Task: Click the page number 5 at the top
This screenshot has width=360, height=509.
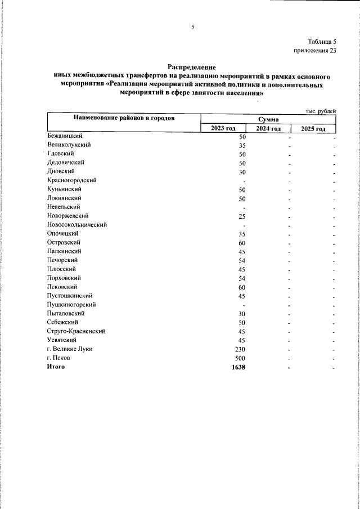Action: point(192,26)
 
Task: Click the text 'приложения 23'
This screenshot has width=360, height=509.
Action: point(315,51)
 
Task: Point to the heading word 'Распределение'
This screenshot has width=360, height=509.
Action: point(191,67)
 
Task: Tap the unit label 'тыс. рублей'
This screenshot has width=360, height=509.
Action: point(321,111)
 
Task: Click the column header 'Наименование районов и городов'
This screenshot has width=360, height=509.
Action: point(123,118)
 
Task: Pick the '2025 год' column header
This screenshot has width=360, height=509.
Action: point(313,129)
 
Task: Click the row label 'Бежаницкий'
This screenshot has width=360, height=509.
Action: point(66,137)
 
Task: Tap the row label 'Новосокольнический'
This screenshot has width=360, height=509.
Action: point(78,224)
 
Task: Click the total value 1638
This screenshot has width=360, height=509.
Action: point(240,367)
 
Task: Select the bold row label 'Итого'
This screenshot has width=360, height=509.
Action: point(57,367)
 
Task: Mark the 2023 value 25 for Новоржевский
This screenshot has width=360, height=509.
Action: point(242,216)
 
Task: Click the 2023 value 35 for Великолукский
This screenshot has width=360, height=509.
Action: point(242,145)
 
